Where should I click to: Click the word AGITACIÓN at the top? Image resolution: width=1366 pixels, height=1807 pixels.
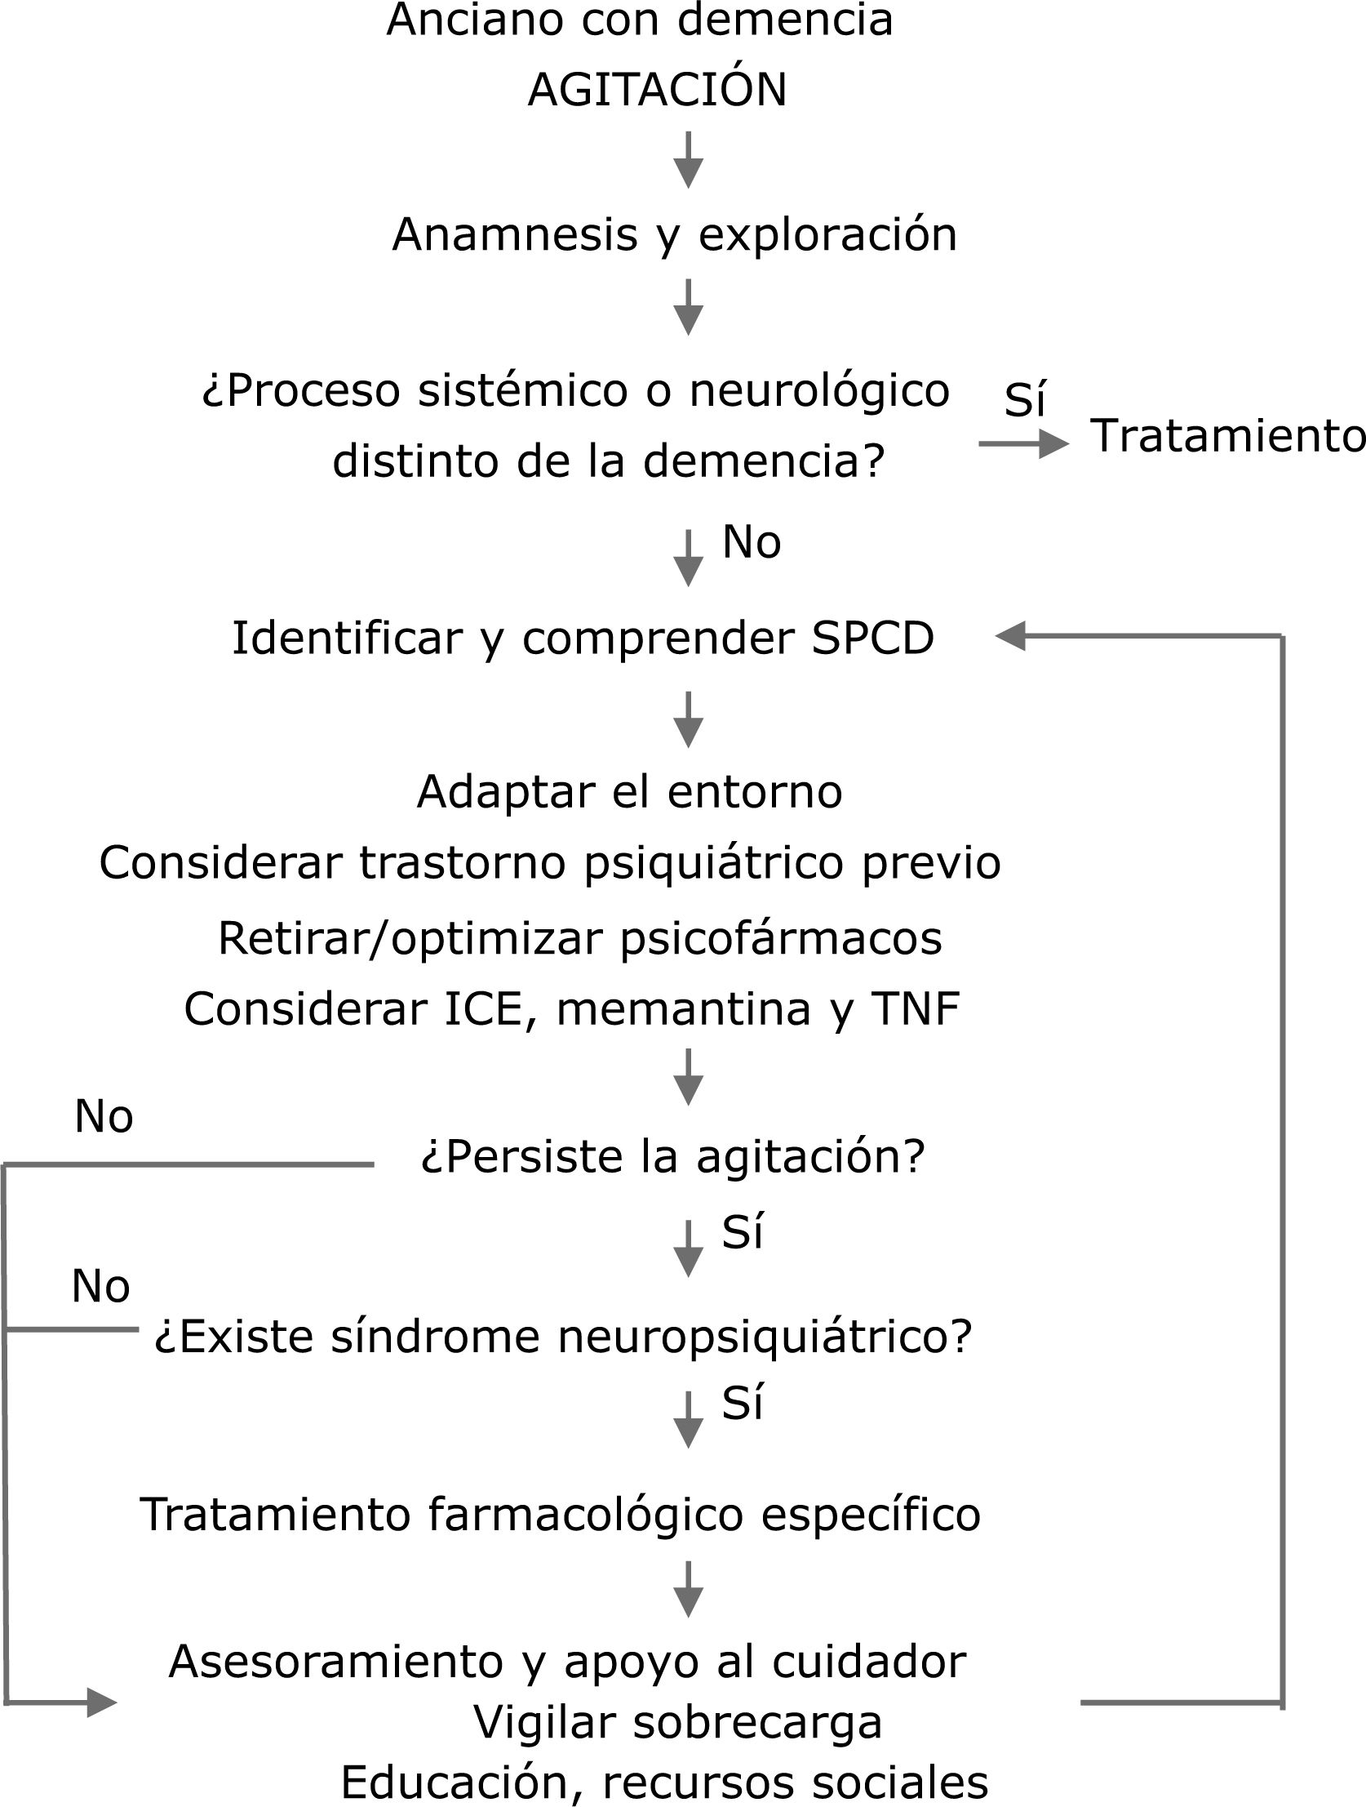point(657,90)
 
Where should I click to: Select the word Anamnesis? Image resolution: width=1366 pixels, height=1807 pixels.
point(514,235)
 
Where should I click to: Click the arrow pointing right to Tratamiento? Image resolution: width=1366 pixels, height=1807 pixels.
point(1024,444)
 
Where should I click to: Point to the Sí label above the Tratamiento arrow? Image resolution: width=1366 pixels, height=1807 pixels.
point(1025,399)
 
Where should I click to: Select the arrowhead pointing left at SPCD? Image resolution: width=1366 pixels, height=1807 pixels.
point(1011,635)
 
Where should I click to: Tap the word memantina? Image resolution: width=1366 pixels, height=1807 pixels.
point(684,1009)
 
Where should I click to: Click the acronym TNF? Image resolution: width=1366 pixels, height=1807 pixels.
point(916,1009)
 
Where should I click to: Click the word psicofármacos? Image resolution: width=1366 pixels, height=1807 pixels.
point(781,938)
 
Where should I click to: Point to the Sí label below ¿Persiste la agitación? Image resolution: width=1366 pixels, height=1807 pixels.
point(743,1232)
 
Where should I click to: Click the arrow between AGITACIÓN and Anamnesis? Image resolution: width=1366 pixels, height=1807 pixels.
point(689,160)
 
